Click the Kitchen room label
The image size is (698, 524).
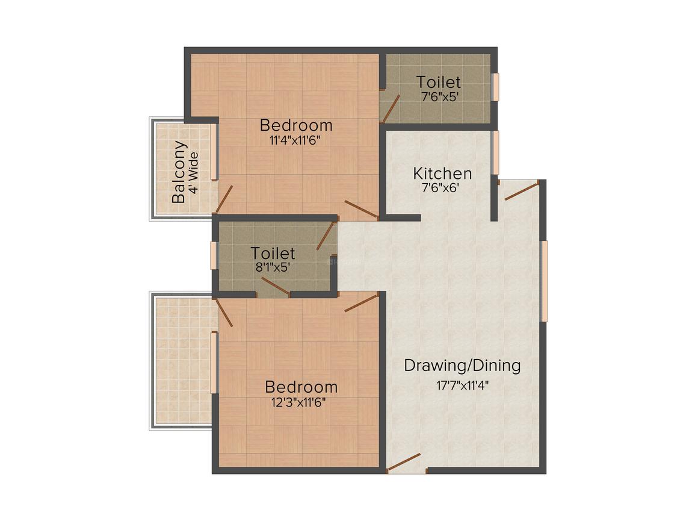tap(442, 173)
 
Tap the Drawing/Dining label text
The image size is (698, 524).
tap(462, 366)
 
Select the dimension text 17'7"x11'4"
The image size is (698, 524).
tap(463, 385)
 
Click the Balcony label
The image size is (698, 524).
tap(179, 172)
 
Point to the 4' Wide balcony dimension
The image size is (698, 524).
tap(194, 172)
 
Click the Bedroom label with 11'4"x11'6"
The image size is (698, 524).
tap(296, 125)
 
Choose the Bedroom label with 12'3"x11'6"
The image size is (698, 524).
tap(301, 387)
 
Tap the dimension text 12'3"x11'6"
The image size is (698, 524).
tap(298, 402)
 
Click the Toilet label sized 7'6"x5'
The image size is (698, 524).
tap(439, 82)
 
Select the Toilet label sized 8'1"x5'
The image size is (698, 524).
tap(273, 253)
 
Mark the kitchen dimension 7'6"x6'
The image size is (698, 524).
tap(440, 187)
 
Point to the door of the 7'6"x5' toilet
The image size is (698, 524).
tap(391, 109)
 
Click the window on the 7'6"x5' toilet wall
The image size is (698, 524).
tap(495, 87)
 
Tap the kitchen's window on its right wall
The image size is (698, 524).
tap(495, 152)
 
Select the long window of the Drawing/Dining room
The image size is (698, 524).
tap(544, 281)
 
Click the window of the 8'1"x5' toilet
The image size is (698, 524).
tap(214, 256)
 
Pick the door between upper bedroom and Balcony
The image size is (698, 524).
tap(224, 199)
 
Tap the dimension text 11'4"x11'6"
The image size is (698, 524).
tap(295, 141)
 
